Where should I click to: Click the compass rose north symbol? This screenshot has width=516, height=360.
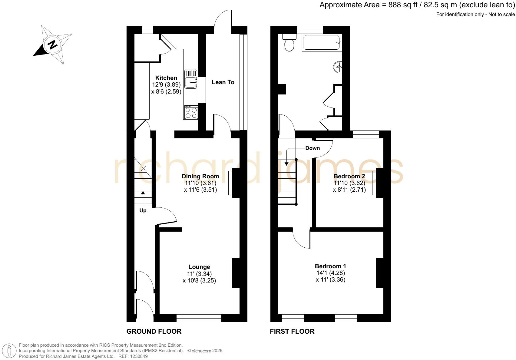(53, 45)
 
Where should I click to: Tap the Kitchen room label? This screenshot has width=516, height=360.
(166, 78)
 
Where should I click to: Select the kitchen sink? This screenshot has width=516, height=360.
(191, 79)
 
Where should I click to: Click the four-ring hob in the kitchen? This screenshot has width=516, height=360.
(191, 112)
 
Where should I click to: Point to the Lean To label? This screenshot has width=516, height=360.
(223, 82)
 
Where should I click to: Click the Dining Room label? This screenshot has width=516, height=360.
(200, 176)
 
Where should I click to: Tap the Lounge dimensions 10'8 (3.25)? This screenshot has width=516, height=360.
(199, 280)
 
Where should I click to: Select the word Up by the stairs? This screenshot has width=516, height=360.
(143, 210)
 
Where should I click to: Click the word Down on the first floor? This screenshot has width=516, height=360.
(313, 148)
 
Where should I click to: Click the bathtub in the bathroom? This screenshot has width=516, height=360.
(322, 43)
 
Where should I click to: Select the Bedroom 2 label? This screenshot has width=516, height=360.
(349, 176)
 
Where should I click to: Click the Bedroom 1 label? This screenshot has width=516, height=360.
(330, 266)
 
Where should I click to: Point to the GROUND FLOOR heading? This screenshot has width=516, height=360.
(154, 331)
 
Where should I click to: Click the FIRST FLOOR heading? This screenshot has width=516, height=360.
(292, 331)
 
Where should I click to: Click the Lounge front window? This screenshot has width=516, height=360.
(199, 318)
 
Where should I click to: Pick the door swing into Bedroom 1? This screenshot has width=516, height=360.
(301, 239)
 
